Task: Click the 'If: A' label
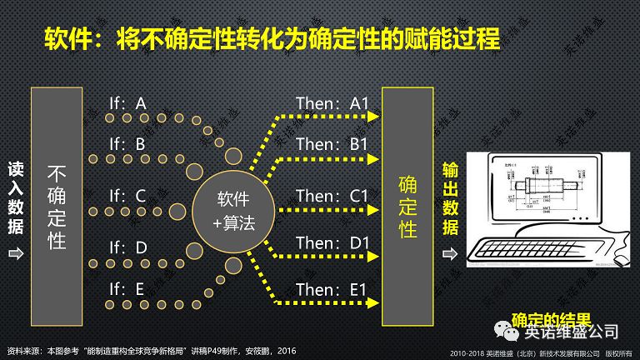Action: point(127,103)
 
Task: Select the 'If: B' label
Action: point(127,145)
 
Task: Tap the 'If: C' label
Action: point(127,197)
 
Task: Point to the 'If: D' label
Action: point(127,247)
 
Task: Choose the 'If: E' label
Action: point(127,290)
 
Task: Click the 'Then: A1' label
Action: point(332,103)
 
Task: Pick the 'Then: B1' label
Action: point(332,145)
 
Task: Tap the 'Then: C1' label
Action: point(332,197)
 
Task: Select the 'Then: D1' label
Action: point(332,243)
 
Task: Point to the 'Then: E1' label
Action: point(332,290)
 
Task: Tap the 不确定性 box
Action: point(57,207)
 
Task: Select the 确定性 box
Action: point(407,207)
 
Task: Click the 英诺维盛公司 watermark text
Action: point(571,332)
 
